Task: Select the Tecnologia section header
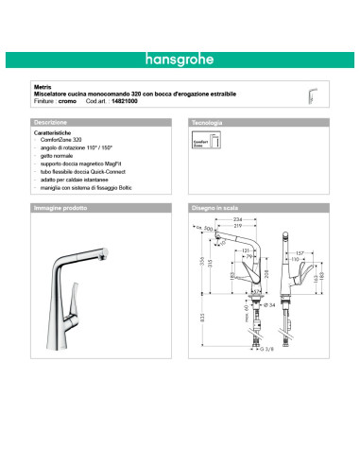tap(208, 124)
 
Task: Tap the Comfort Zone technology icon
tap(206, 143)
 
